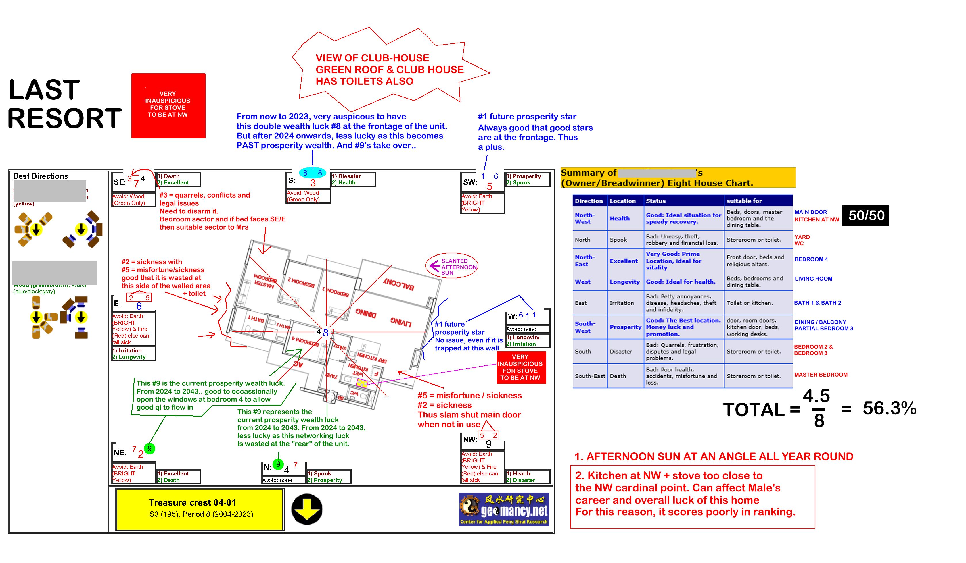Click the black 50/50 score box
(866, 216)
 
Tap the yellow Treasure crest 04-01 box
(200, 509)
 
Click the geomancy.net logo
(504, 509)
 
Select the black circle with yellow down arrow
(307, 509)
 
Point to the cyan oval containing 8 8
(313, 173)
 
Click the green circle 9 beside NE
(149, 448)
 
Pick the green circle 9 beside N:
(278, 464)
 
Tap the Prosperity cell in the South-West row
(625, 327)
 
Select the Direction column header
(589, 201)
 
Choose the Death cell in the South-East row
(618, 376)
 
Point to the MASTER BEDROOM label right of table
(821, 375)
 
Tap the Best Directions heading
(41, 176)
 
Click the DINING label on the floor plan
(366, 313)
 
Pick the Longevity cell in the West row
(624, 281)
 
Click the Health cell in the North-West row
(620, 218)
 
